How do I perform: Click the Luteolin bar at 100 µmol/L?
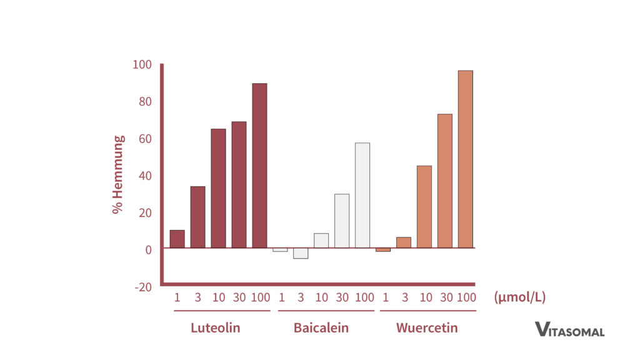coord(259,166)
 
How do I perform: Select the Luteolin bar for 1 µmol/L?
coord(177,239)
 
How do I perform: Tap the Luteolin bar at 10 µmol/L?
coord(218,188)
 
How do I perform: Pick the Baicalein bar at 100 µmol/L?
coord(362,195)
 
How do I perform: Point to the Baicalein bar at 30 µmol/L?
coord(342,221)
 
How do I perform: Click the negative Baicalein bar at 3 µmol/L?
coord(301,253)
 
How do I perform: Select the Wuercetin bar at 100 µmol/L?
coord(465,159)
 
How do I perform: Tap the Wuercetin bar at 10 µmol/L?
coord(424,207)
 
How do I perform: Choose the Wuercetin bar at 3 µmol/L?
coord(404,242)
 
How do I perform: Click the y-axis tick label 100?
coord(142,64)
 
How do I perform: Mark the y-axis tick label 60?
coord(144,138)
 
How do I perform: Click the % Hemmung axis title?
coord(118,174)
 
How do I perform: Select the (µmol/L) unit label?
coord(519,297)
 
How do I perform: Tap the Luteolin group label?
coord(216,327)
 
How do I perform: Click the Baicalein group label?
coord(321,327)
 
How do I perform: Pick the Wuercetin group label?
coord(427,327)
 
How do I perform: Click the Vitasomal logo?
coord(569,329)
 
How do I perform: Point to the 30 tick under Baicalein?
coord(342,297)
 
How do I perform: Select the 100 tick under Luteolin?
coord(261,297)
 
